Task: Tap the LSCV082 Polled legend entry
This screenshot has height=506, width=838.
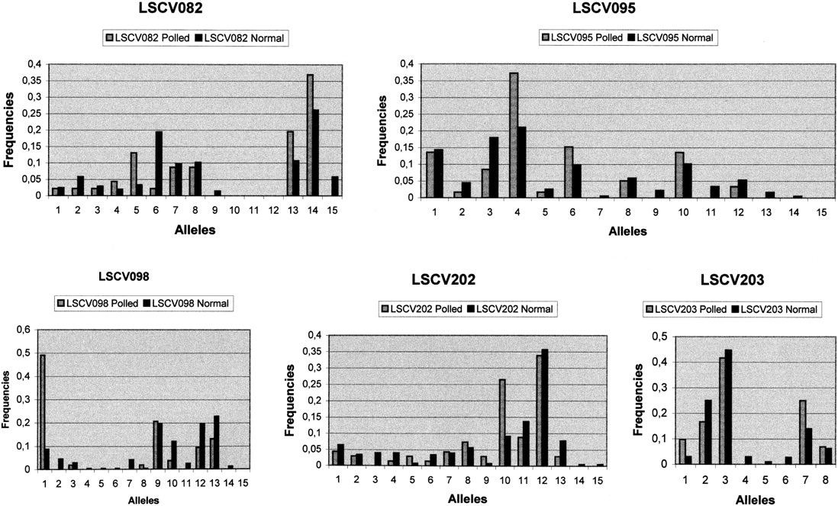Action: tap(150, 37)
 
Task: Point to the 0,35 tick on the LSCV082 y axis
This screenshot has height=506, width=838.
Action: tap(34, 79)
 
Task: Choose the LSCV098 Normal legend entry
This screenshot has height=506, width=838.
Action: tap(185, 304)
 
